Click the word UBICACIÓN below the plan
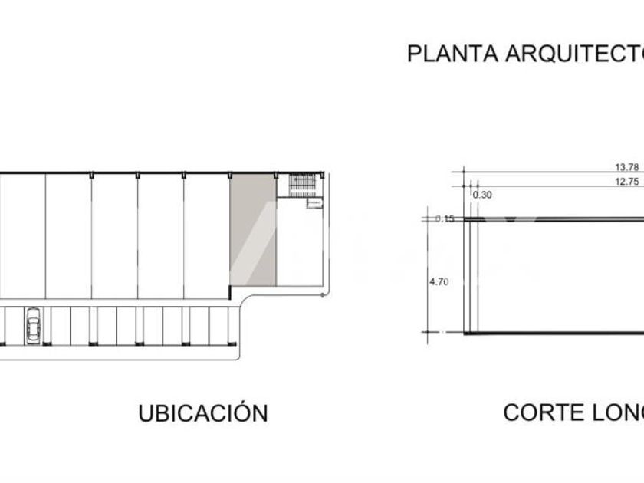(x=203, y=413)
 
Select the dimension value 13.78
(x=626, y=167)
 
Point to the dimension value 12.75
(x=626, y=182)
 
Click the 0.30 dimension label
(x=482, y=195)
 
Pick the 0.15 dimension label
(x=445, y=219)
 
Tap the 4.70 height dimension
(x=439, y=281)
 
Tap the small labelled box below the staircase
(x=314, y=203)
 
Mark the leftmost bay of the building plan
(x=21, y=234)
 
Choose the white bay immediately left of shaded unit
(x=207, y=234)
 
